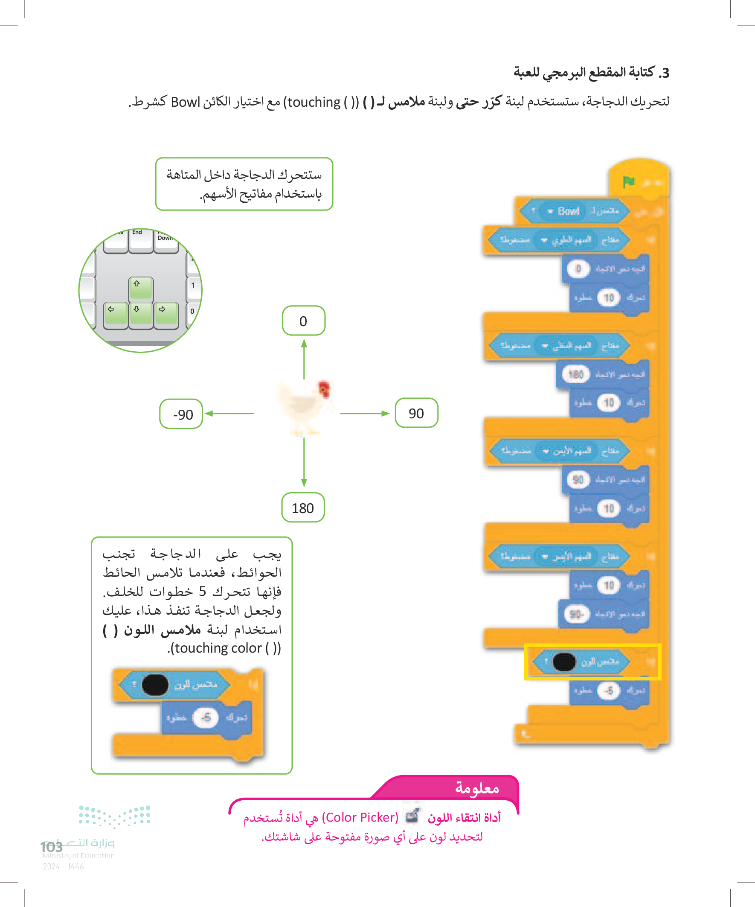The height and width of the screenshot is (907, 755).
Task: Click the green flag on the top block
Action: pyautogui.click(x=628, y=182)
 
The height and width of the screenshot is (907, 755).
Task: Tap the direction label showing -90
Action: pyautogui.click(x=181, y=414)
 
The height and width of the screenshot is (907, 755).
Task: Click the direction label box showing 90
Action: pyautogui.click(x=416, y=413)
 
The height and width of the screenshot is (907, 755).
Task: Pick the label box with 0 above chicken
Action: pyautogui.click(x=303, y=321)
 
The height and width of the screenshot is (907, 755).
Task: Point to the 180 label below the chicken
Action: pyautogui.click(x=302, y=508)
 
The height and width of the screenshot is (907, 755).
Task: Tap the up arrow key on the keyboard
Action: pyautogui.click(x=141, y=288)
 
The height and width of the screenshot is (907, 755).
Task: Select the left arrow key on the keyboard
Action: pyautogui.click(x=115, y=313)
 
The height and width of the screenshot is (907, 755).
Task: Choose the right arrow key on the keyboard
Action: pyautogui.click(x=166, y=313)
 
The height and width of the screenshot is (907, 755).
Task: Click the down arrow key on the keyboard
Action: pyautogui.click(x=141, y=313)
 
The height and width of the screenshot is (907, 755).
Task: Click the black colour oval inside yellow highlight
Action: pyautogui.click(x=564, y=662)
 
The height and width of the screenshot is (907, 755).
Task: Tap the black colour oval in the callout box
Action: pyautogui.click(x=155, y=685)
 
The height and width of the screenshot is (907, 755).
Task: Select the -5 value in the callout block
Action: pyautogui.click(x=206, y=717)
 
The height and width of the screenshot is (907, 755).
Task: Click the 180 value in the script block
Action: pyautogui.click(x=576, y=374)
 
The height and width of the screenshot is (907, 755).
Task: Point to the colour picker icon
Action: pyautogui.click(x=412, y=815)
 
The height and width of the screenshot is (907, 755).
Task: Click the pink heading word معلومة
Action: pyautogui.click(x=476, y=788)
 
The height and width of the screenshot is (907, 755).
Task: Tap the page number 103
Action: pyautogui.click(x=52, y=847)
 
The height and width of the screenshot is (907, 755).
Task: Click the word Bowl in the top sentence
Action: pyautogui.click(x=185, y=102)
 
